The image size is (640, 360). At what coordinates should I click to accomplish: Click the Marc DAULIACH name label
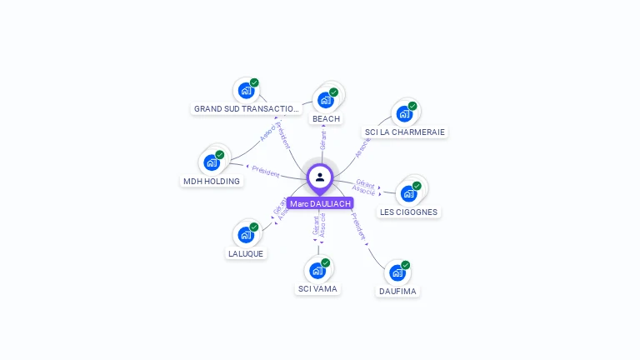(320, 203)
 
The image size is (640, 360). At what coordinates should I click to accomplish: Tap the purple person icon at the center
(320, 177)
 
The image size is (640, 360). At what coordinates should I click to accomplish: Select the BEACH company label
(326, 119)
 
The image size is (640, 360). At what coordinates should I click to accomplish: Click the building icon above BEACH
(326, 99)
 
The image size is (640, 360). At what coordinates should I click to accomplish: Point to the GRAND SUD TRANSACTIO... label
(247, 109)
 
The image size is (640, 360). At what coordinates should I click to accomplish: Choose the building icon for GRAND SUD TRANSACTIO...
(246, 90)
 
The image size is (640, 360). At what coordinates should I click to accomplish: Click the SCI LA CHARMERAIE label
(405, 132)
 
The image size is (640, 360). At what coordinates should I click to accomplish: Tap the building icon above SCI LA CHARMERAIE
(404, 113)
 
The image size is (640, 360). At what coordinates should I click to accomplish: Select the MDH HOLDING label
(211, 182)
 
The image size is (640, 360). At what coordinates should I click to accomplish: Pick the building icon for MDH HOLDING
(212, 162)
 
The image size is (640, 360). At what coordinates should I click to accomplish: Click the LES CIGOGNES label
(408, 212)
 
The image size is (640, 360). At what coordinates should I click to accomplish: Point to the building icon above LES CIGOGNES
(408, 193)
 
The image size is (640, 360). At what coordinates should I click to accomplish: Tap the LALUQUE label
(246, 254)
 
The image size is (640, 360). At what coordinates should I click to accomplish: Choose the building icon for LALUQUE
(246, 234)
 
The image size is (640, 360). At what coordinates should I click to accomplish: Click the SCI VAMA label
(317, 289)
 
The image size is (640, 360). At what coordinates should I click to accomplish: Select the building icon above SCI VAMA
(317, 270)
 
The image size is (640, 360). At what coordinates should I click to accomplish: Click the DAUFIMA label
(397, 292)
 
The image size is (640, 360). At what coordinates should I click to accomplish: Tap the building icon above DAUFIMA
(397, 272)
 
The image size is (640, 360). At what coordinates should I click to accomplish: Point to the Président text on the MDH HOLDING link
(266, 172)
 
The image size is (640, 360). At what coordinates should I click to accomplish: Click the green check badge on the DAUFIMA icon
(406, 265)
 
